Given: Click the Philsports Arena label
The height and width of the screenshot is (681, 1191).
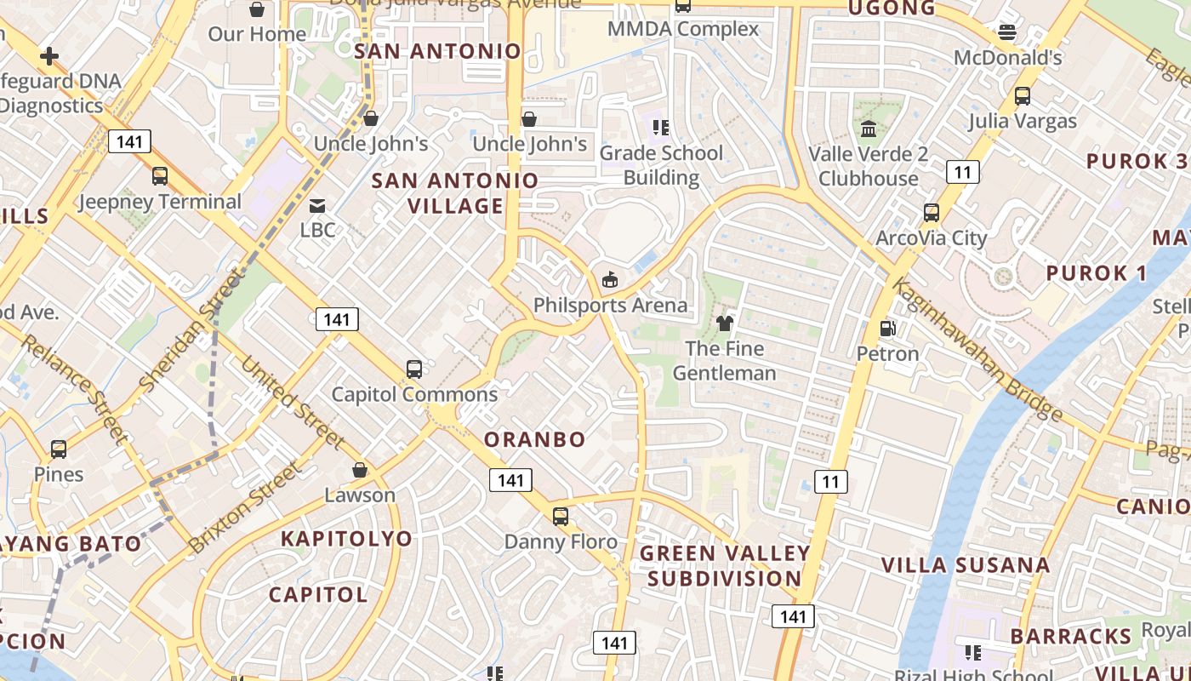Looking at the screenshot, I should tap(610, 305).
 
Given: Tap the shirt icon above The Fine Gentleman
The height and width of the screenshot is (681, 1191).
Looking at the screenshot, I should tap(725, 323).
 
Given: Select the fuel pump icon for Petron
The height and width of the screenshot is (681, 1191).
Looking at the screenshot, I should tap(887, 329).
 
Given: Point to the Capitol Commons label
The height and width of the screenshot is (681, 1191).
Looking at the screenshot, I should tap(414, 394).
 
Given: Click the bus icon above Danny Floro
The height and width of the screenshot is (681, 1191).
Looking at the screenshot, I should tap(560, 516).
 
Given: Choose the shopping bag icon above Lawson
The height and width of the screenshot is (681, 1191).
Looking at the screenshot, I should tap(360, 470).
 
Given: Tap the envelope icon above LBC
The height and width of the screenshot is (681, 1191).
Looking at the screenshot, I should tap(317, 205).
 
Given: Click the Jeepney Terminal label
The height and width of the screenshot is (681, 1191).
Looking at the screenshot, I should tap(160, 202).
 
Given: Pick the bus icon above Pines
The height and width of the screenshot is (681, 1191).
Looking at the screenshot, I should tap(59, 449).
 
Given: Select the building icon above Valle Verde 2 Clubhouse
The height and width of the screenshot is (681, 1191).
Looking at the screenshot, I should tap(869, 129).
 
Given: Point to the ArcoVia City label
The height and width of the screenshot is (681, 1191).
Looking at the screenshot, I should tap(931, 237).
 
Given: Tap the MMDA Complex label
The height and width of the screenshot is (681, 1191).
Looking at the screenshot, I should tap(683, 29).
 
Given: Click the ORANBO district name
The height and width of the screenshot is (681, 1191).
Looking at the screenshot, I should tap(534, 439).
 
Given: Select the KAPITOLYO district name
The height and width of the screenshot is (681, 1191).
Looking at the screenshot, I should tap(346, 538).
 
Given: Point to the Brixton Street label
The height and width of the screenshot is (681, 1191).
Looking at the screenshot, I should tap(245, 507).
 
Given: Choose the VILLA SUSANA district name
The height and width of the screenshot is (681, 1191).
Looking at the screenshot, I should tap(965, 565).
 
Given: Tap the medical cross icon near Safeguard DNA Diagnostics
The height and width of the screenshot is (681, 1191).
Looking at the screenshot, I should tap(49, 57).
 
